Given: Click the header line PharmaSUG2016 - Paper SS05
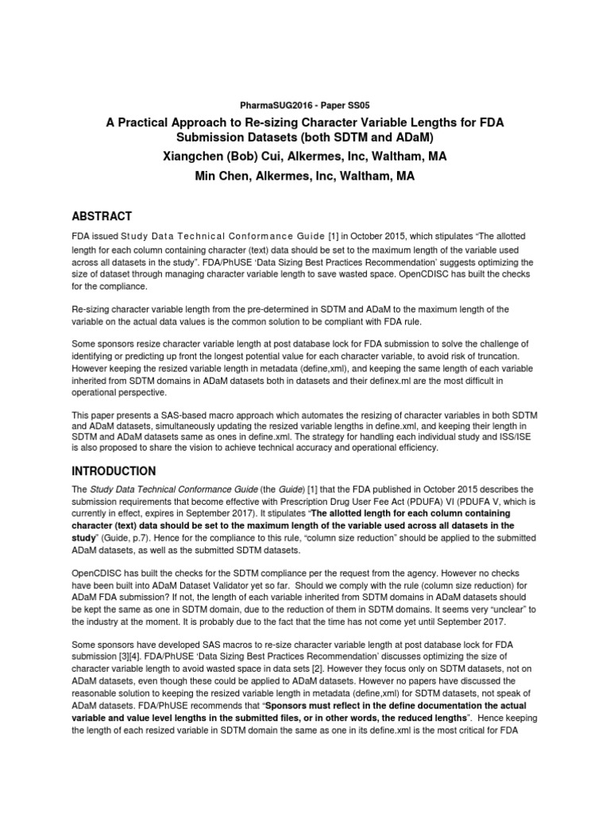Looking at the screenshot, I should (304, 103).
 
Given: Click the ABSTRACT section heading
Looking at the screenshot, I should (102, 216).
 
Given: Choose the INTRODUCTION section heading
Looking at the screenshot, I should (114, 471).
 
